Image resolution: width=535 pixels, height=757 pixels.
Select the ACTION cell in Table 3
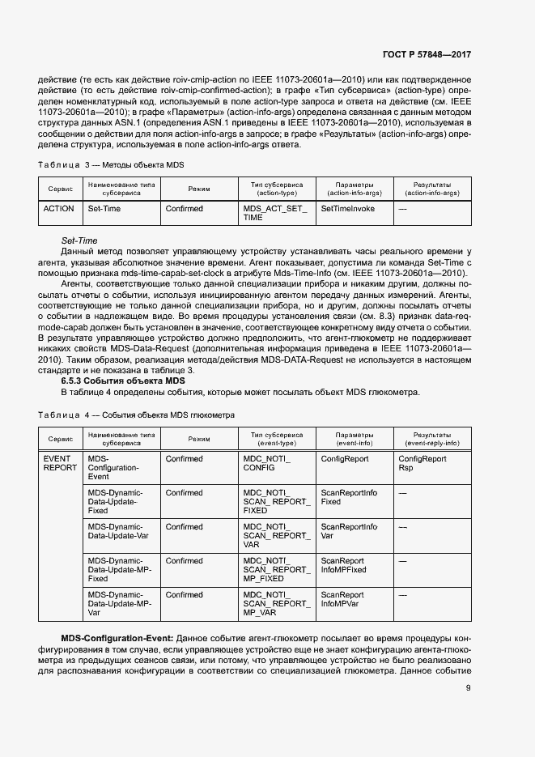tap(58, 209)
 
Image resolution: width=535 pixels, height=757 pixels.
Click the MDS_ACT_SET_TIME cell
tap(275, 213)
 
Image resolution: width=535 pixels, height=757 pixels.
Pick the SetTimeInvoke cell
tap(347, 209)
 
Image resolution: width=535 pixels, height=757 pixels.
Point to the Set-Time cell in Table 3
tap(104, 209)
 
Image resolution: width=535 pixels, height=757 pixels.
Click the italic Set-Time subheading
tap(79, 240)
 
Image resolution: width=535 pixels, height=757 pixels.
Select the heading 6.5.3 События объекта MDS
tap(123, 381)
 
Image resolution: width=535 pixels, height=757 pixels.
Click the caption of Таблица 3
tap(112, 164)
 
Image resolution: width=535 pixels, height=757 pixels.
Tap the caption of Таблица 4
tap(136, 415)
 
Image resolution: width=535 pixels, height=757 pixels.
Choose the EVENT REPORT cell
tap(60, 463)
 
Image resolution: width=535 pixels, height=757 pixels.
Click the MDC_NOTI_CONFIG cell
tap(266, 463)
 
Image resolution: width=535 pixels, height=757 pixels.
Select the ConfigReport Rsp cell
tap(422, 463)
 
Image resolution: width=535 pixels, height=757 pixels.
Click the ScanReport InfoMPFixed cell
tap(343, 565)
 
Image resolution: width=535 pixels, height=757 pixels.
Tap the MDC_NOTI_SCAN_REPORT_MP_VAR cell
tap(275, 604)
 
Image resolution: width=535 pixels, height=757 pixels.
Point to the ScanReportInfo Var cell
tap(349, 531)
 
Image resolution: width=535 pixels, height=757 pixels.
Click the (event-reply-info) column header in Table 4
tap(431, 444)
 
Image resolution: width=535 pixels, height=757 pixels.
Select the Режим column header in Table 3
tap(199, 189)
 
